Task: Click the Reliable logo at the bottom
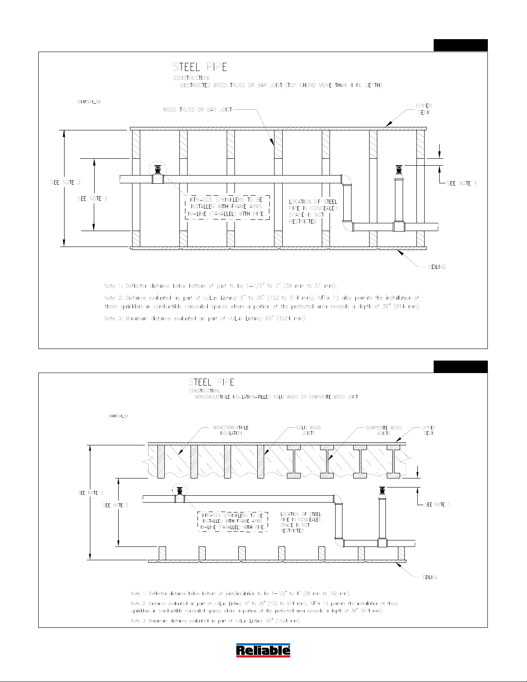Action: tap(263, 650)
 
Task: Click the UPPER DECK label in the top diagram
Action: tap(424, 109)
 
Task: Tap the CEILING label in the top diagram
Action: tap(437, 267)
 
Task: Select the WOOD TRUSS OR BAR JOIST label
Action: tap(197, 110)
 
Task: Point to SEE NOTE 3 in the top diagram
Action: tap(65, 182)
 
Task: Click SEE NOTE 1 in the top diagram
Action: tap(462, 183)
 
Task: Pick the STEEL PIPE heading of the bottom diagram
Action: tap(212, 382)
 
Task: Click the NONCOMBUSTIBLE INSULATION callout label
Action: tap(231, 430)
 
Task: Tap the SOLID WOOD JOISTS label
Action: tap(308, 430)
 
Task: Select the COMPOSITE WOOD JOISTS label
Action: tap(383, 430)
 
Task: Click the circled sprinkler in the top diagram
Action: tap(157, 170)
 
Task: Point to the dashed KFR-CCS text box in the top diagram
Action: tap(227, 207)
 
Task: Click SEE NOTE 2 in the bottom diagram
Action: tap(115, 505)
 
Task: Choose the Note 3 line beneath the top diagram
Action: tap(205, 319)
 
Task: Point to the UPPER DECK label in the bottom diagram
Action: tap(428, 430)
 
